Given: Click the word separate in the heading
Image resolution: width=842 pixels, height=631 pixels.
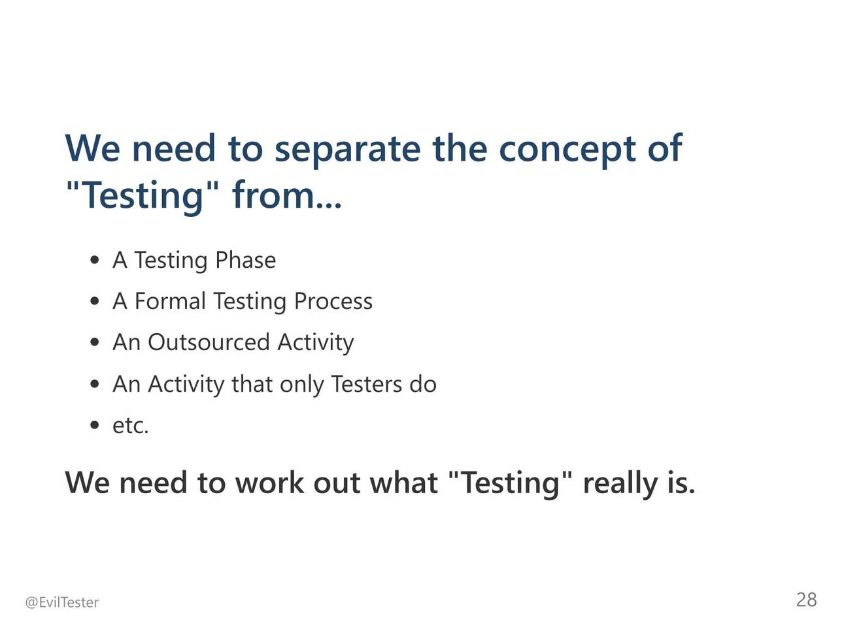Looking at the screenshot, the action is click(x=347, y=151).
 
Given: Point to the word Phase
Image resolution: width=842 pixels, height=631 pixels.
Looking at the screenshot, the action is click(x=245, y=261).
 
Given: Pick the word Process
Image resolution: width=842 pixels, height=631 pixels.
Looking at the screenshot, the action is click(x=333, y=302).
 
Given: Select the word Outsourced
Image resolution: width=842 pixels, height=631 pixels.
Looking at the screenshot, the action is click(x=209, y=342).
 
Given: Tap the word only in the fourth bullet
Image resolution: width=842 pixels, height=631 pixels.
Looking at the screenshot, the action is click(x=301, y=384).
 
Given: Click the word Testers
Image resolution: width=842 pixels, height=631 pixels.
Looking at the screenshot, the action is click(x=366, y=383).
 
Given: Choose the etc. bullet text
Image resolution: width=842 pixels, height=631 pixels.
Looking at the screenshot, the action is click(x=131, y=426).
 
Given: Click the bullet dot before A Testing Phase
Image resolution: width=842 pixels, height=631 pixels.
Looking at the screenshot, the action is click(x=94, y=261).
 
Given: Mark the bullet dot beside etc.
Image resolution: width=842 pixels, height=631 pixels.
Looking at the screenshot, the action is click(x=94, y=425).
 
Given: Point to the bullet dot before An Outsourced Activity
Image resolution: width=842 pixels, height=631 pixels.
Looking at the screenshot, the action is click(x=94, y=342).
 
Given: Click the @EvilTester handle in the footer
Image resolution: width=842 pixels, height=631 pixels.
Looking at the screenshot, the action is click(x=61, y=603).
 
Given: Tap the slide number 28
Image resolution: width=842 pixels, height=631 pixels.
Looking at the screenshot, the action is click(x=806, y=600).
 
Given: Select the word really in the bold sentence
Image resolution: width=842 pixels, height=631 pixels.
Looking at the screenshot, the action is click(x=620, y=483).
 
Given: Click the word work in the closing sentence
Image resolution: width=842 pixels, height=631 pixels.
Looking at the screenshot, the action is click(x=270, y=483).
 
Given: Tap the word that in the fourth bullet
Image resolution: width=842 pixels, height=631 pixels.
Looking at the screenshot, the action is click(x=252, y=383).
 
